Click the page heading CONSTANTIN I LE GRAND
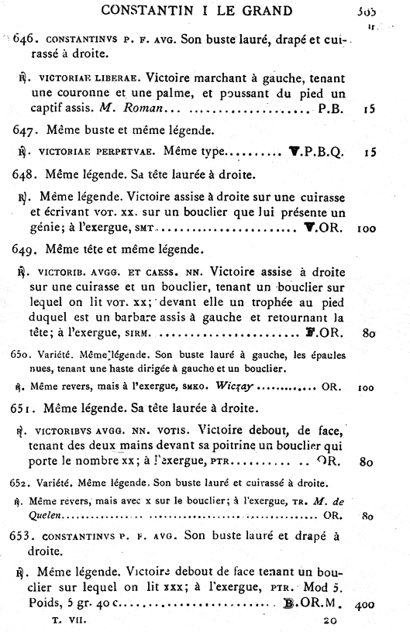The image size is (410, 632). pos(206,10)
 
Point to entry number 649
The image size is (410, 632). pos(29,249)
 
